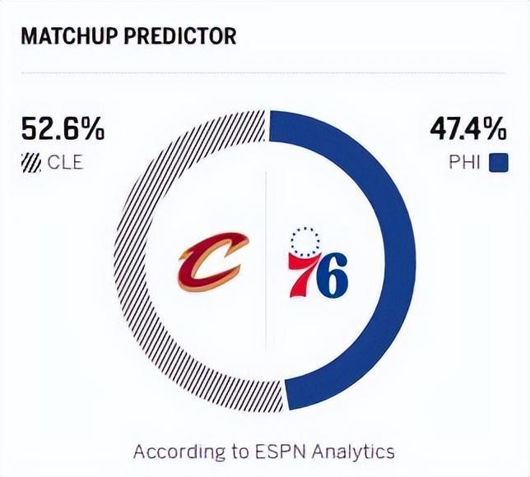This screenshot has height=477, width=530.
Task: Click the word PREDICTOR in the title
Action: (184, 36)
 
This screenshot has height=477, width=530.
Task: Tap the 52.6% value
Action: (63, 129)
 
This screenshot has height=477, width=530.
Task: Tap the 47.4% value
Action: (467, 129)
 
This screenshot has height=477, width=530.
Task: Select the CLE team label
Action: (65, 162)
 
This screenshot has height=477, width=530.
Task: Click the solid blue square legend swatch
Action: (498, 162)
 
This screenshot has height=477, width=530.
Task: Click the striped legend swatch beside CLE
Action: (30, 162)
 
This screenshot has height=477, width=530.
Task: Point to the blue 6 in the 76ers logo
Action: (331, 278)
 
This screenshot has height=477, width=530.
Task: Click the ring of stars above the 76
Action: (305, 241)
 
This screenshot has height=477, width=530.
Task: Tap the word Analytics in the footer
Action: (354, 452)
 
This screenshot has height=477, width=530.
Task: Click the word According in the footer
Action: (174, 452)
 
